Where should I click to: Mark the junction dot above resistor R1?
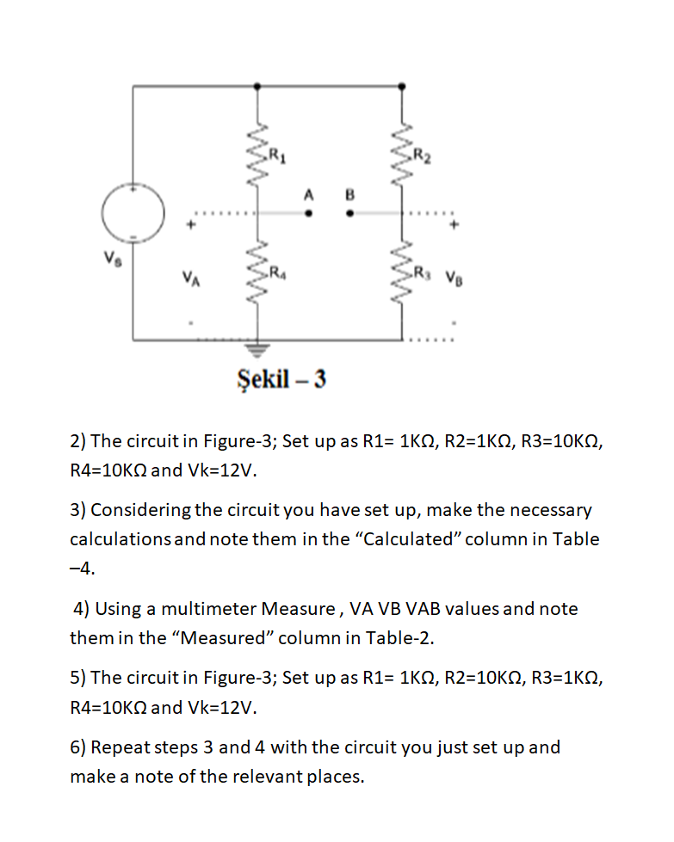click(x=257, y=86)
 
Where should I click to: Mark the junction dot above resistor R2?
click(x=402, y=86)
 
